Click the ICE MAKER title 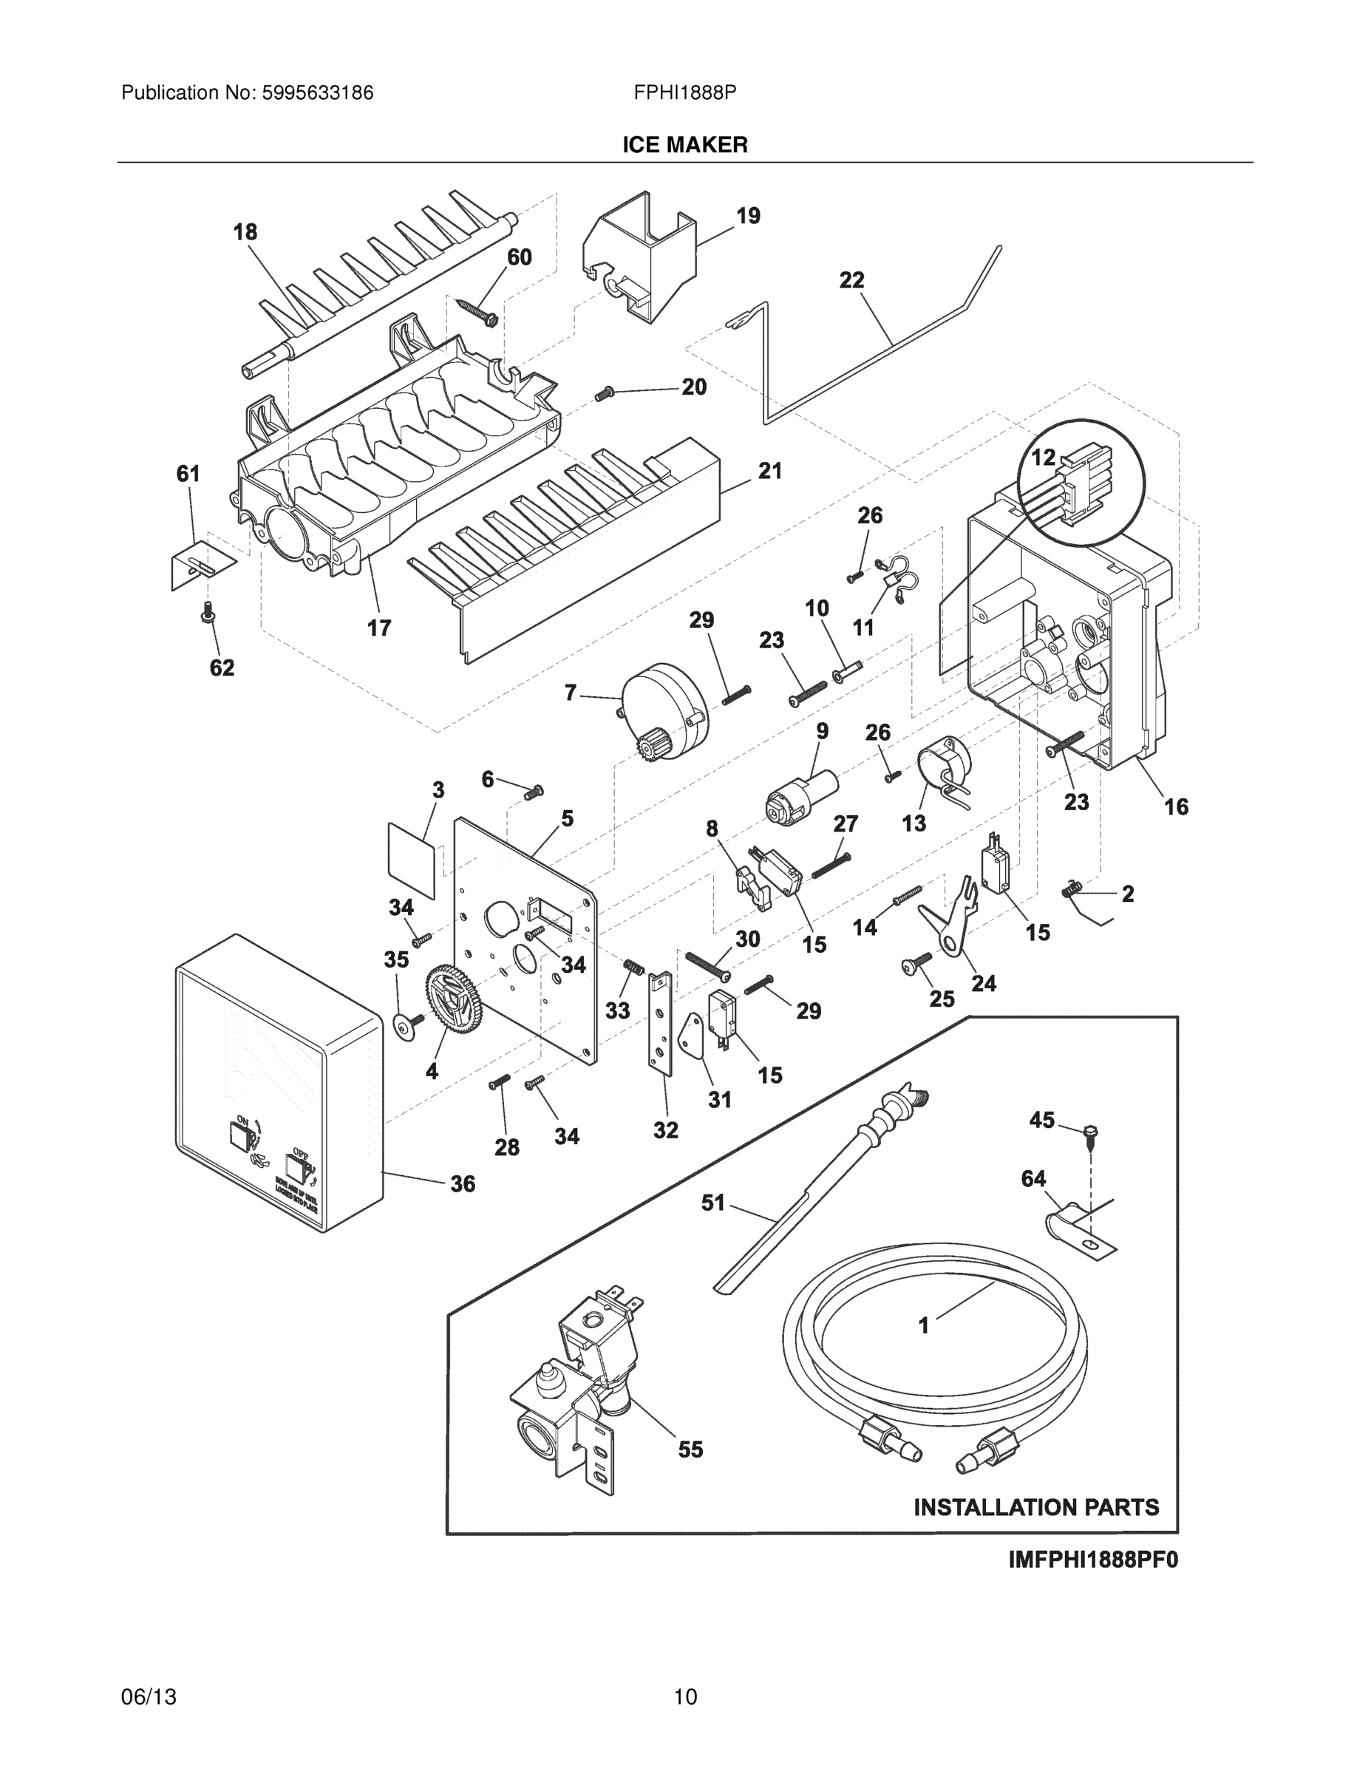[684, 145]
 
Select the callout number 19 [748, 216]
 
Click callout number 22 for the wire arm [851, 280]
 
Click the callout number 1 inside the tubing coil [923, 1325]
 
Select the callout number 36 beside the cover [463, 1184]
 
